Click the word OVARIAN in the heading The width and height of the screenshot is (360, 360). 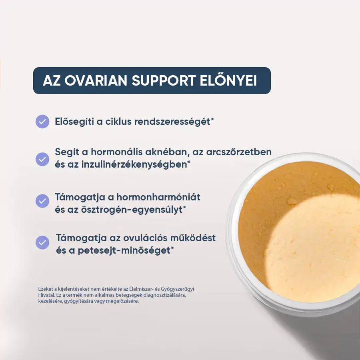96,80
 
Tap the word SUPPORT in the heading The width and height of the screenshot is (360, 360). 163,80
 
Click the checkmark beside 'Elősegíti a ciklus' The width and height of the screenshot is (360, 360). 42,122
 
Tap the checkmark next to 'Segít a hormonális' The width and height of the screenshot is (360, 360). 42,159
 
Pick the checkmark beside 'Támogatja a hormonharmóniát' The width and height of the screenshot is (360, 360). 42,201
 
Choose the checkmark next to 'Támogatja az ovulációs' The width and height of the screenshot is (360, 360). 42,242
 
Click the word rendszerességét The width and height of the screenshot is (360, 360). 174,122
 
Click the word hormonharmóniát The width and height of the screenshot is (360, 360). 158,197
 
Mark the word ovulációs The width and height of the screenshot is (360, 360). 145,238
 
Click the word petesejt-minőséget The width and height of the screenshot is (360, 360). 126,250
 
